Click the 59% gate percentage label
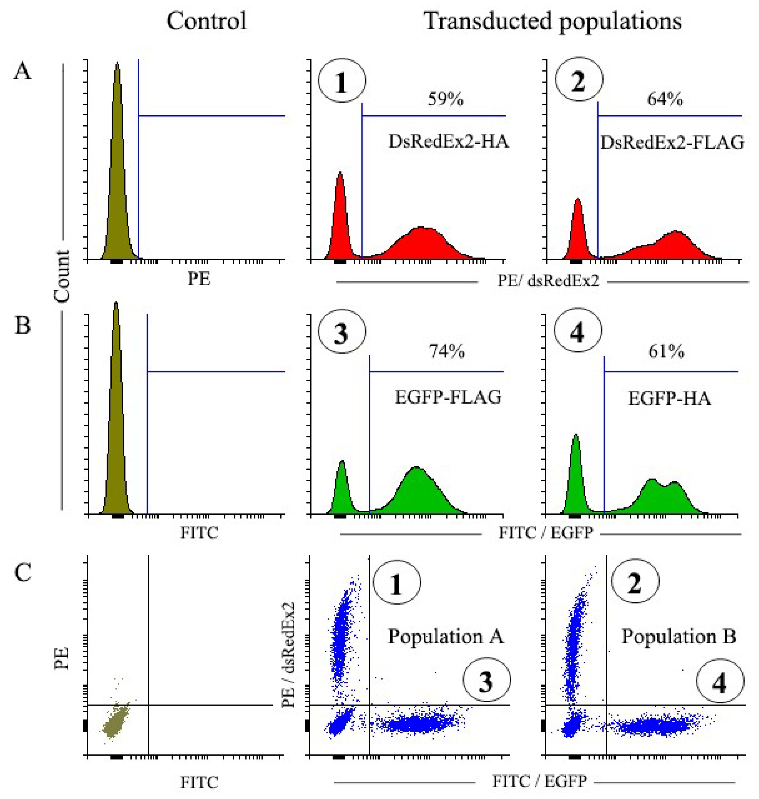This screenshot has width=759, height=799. pos(445,99)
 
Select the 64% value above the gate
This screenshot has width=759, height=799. pos(665,99)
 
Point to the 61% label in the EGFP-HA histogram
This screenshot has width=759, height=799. pos(666,352)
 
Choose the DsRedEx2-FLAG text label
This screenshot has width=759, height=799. pos(672,143)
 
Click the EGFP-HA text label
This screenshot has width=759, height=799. pos(669,399)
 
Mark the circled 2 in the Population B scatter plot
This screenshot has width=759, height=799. pos(635,582)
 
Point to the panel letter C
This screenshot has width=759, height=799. pos(23,572)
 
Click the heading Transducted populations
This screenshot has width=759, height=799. pos(553,21)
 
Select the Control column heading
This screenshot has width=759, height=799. pos(206,21)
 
